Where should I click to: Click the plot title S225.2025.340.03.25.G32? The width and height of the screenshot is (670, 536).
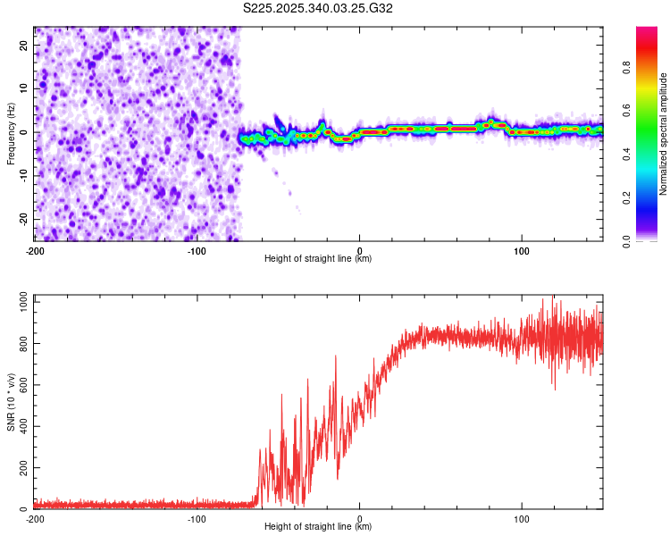coord(318,8)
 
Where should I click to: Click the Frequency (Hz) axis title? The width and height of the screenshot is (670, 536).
coord(11,133)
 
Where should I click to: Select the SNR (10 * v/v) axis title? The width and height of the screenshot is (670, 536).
coord(11,401)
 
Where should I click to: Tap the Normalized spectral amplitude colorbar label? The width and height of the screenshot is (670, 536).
coord(664,134)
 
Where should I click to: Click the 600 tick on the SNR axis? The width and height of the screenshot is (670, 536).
coord(21,386)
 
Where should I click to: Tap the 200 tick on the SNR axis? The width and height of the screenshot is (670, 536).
coord(21,468)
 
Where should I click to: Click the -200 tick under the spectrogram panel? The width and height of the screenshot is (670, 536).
coord(34,251)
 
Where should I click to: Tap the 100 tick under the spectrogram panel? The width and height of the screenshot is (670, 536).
coord(522,251)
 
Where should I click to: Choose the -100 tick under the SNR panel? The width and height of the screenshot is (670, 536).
coord(197,519)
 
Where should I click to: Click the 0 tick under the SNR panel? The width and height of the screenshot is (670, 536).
coord(360,519)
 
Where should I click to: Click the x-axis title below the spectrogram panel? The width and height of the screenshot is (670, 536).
coord(318,259)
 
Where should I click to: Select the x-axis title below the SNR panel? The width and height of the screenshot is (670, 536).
coord(318,527)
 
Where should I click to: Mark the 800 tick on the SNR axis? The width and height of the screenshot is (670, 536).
coord(21,344)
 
